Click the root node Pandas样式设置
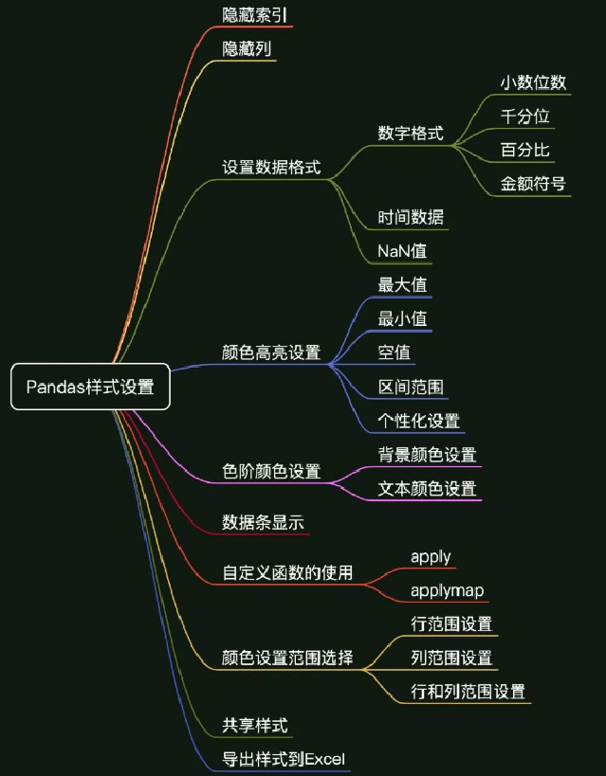(x=90, y=387)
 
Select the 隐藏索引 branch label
(x=254, y=15)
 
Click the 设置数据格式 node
(x=271, y=168)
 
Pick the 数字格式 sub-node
(x=411, y=134)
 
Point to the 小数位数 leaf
(x=533, y=82)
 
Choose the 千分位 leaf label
(x=524, y=117)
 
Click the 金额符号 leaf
(x=533, y=183)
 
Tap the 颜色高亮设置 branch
(x=271, y=352)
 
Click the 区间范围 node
(x=411, y=387)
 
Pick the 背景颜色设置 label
(x=427, y=456)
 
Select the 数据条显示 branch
(x=263, y=522)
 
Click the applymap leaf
(x=448, y=590)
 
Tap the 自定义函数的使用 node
(x=287, y=572)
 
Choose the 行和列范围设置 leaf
(x=468, y=692)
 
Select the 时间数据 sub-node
(x=411, y=217)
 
